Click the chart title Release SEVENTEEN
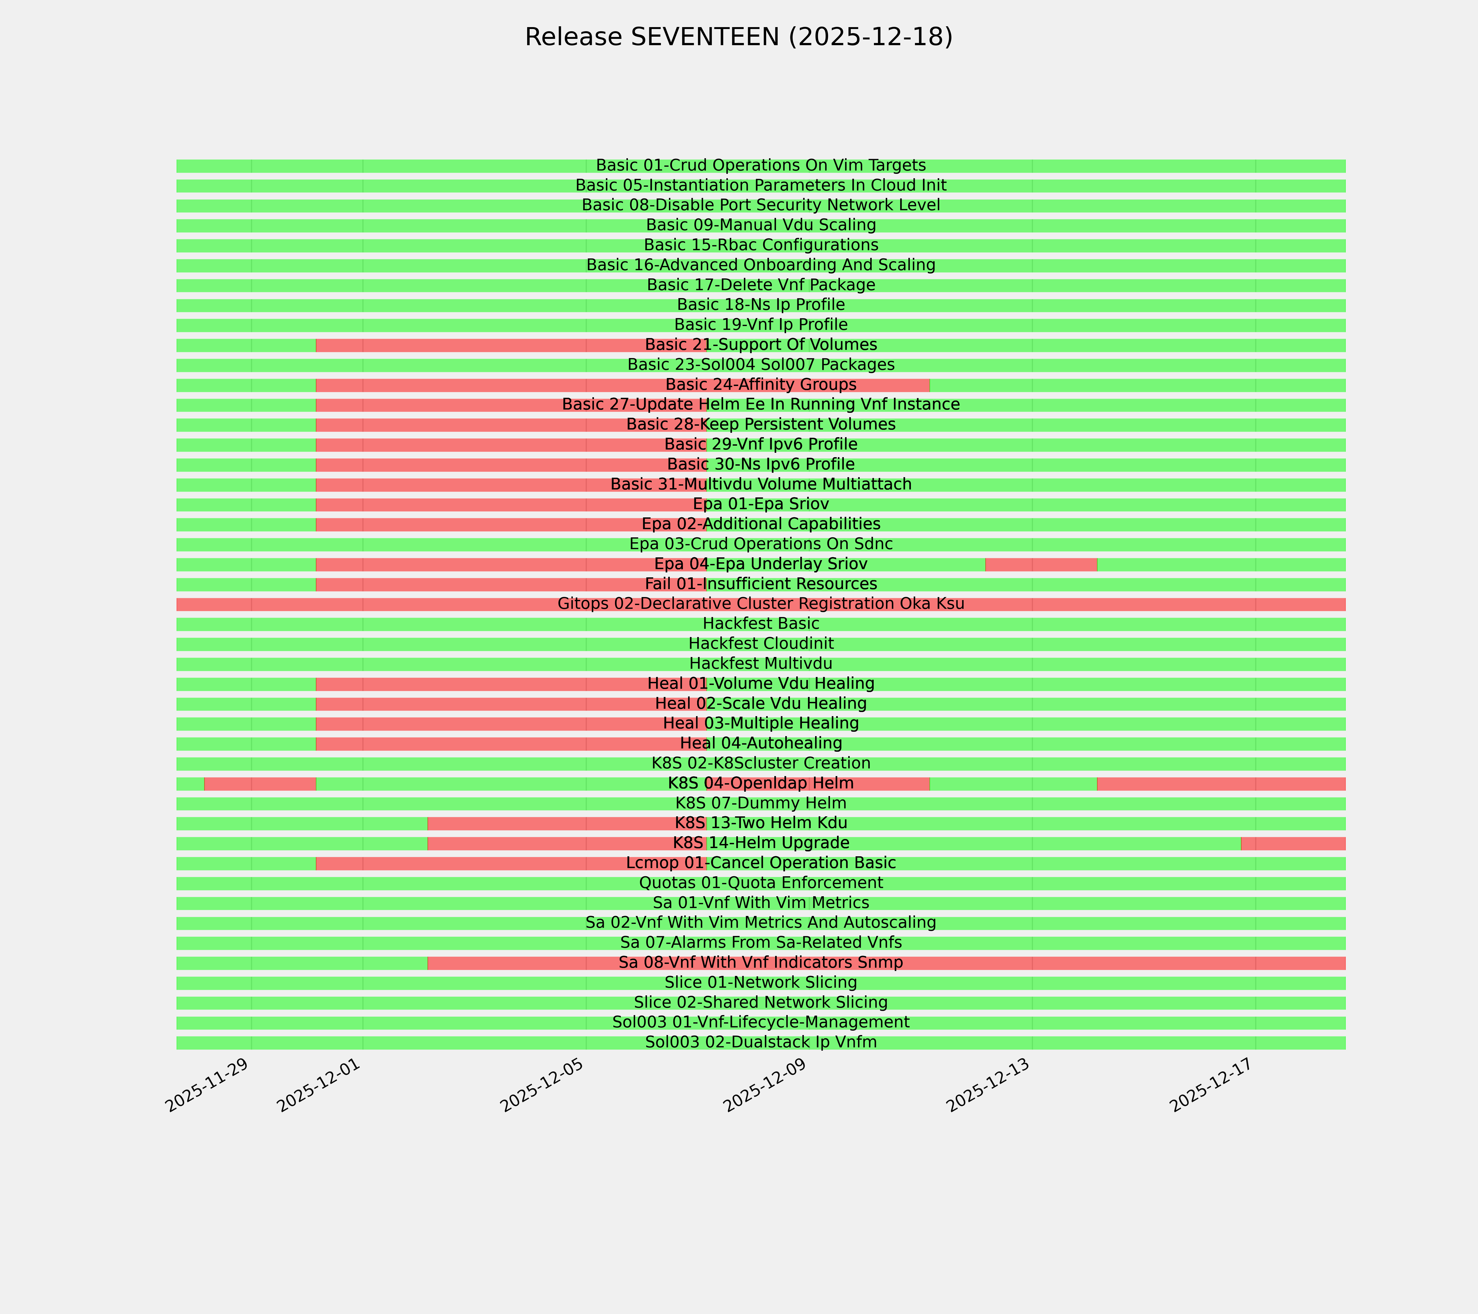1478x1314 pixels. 738,37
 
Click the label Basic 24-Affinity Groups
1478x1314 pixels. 761,385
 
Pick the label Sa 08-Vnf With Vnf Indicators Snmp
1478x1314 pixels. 761,963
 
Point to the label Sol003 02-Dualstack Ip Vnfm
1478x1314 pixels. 761,1042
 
